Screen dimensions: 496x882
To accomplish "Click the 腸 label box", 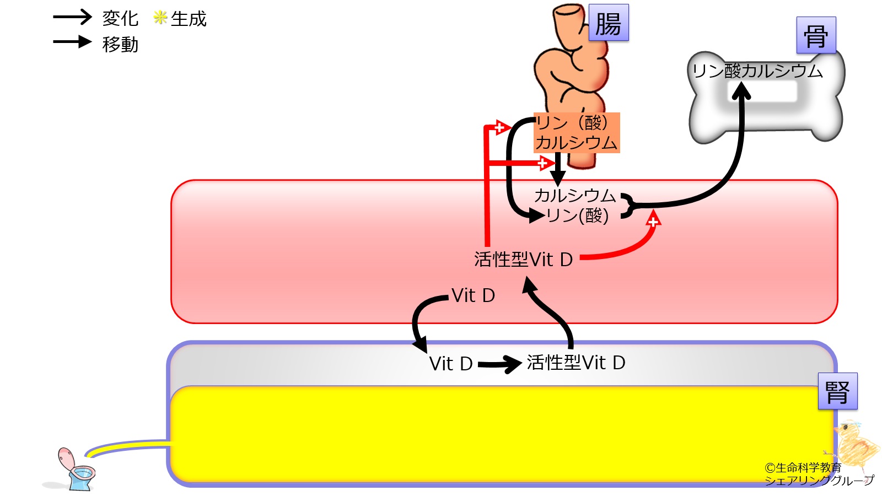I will click(608, 23).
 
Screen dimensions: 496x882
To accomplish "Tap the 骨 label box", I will click(816, 35).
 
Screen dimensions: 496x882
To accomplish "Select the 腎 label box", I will click(837, 391).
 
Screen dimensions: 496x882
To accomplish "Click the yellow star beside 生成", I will click(160, 18).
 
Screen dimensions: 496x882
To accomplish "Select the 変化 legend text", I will click(120, 18).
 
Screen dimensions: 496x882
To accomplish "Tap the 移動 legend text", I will click(120, 44).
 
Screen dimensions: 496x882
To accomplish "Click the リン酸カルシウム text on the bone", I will click(757, 71).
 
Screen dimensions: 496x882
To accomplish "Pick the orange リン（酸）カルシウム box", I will click(577, 133).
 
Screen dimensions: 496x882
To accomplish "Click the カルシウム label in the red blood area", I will click(575, 195).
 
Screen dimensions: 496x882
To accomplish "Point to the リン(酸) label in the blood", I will click(577, 215).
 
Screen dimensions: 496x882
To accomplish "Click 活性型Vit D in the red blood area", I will click(523, 259).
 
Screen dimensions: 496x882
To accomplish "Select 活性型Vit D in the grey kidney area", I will click(576, 363).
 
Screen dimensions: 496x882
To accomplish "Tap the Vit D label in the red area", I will click(473, 295).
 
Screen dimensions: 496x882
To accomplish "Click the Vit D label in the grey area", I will click(451, 364).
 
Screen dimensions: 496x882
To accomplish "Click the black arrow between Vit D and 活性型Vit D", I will click(499, 364).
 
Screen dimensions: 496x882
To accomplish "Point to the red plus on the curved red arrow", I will click(653, 222).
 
